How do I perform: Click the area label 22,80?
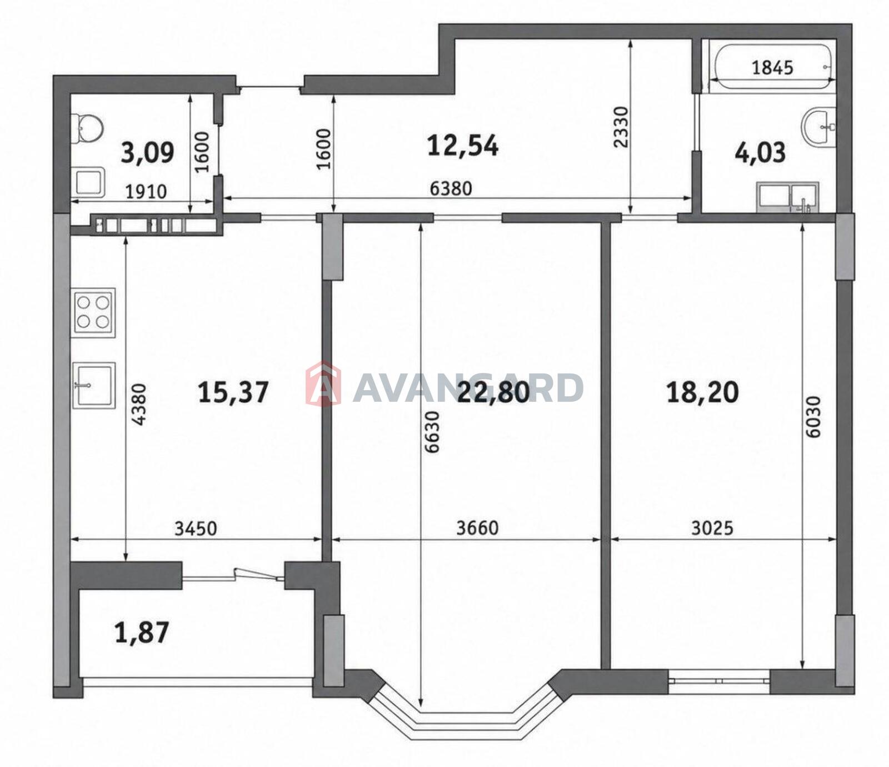[493, 392]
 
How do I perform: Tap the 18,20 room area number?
[702, 392]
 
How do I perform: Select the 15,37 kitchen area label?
[233, 392]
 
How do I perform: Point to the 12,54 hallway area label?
[463, 145]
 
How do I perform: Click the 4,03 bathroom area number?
[760, 152]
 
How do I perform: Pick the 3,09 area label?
[147, 152]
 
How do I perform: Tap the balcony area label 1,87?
[142, 632]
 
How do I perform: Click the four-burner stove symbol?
[93, 312]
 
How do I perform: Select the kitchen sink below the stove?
[93, 385]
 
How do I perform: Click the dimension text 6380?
[451, 188]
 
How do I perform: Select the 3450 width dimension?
[196, 527]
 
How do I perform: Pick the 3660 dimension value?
[477, 527]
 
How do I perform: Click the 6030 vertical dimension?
[812, 417]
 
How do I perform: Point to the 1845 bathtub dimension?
[772, 68]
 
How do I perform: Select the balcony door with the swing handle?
[233, 576]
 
